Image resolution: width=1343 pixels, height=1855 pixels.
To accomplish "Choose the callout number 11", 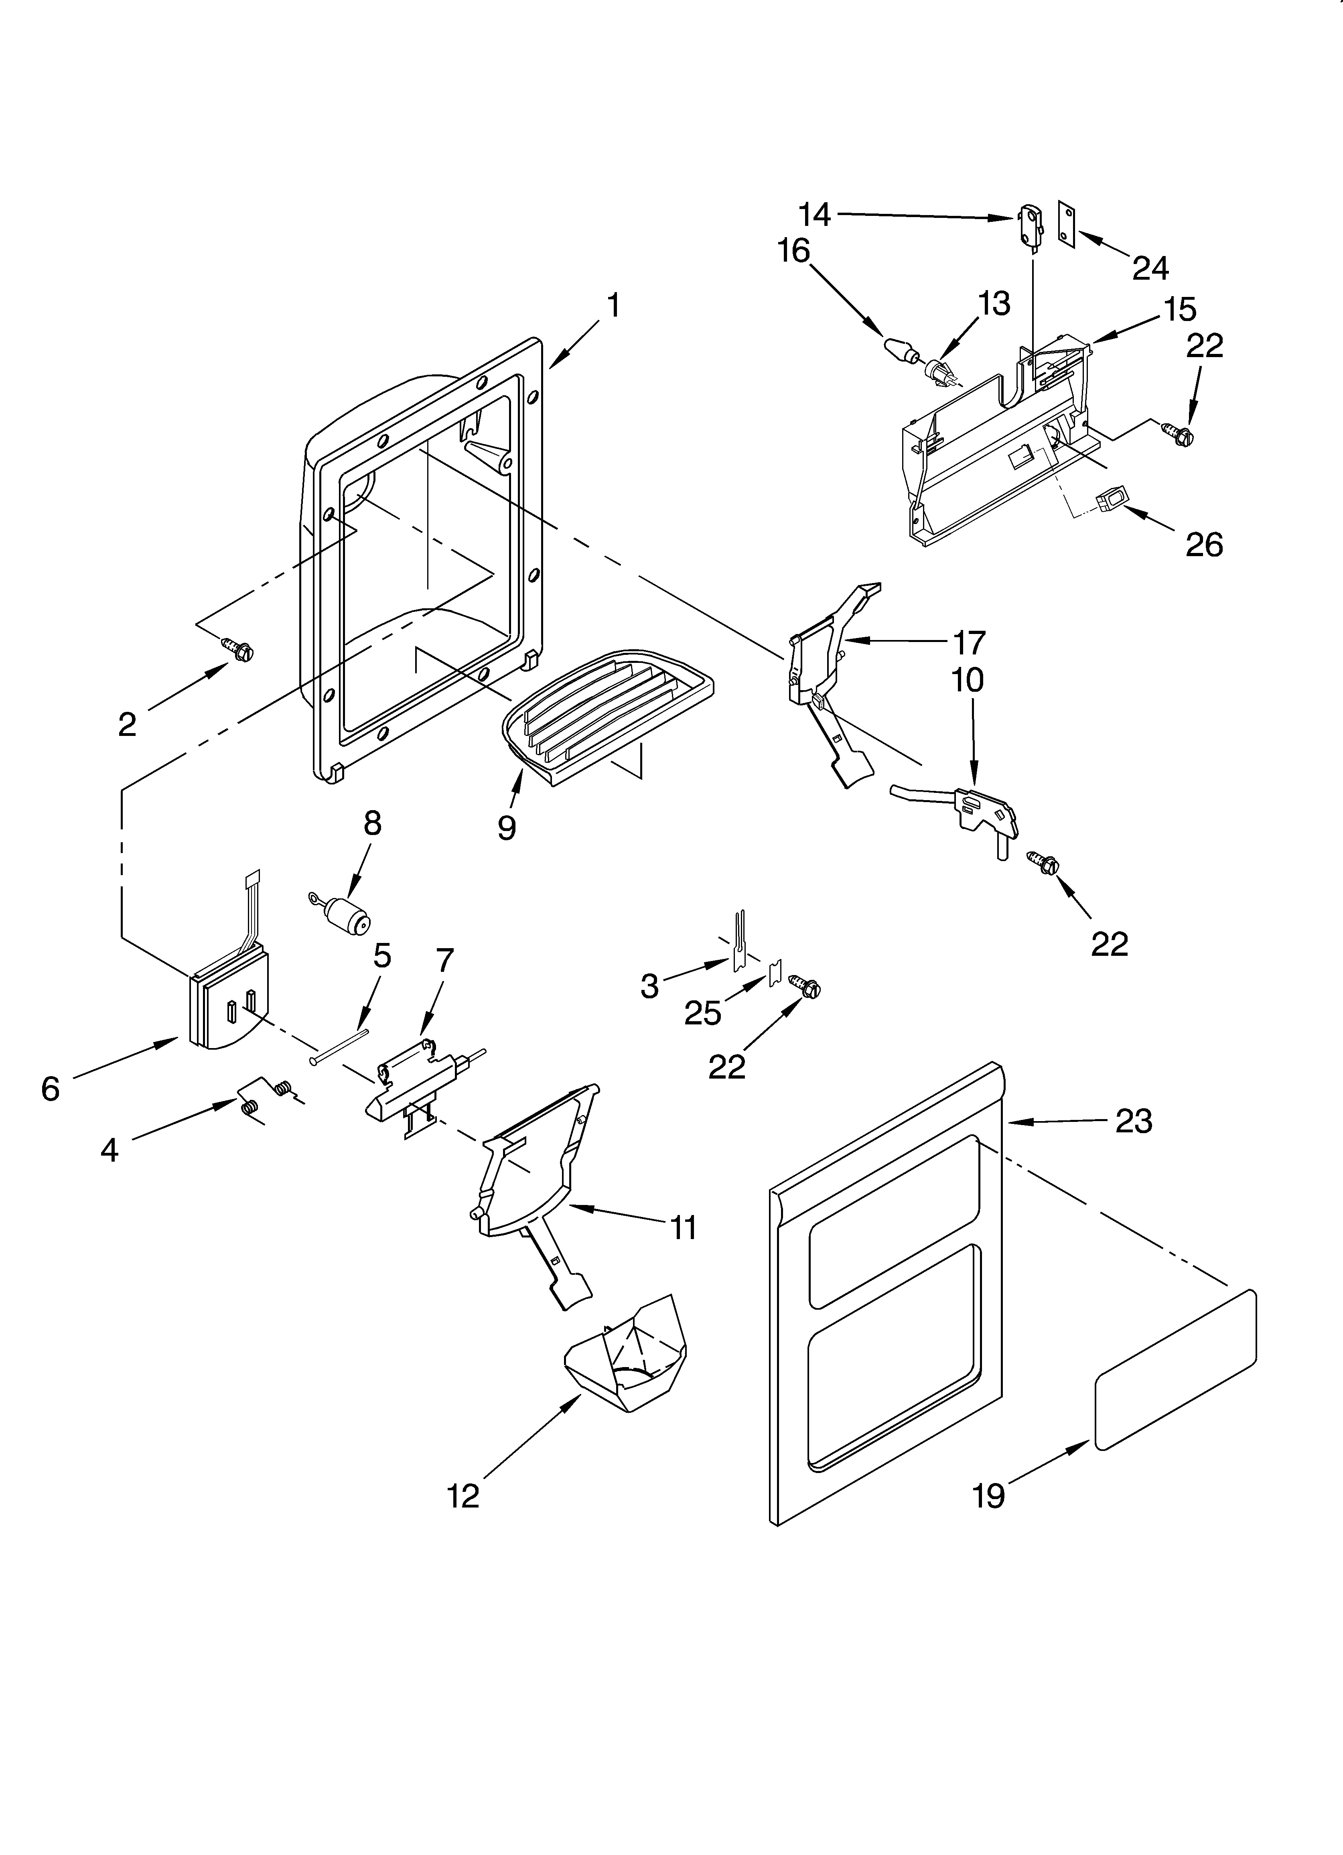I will [683, 1227].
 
